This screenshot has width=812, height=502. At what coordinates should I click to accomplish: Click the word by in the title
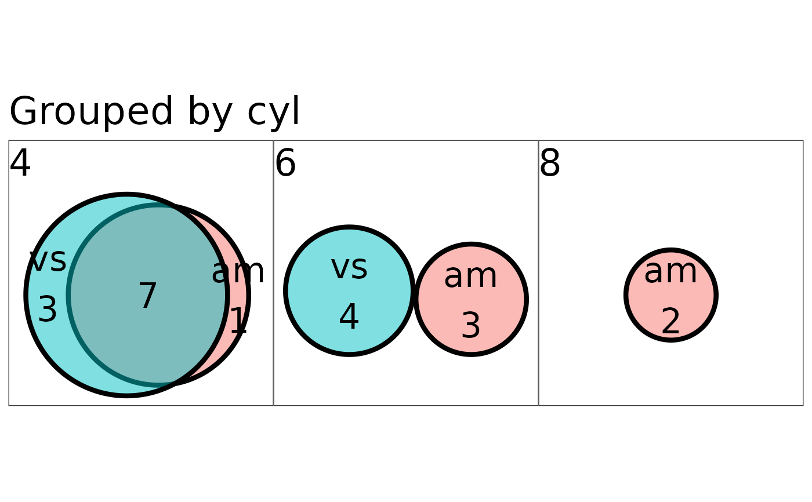pyautogui.click(x=210, y=112)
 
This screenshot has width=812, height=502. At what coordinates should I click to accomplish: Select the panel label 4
pyautogui.click(x=20, y=163)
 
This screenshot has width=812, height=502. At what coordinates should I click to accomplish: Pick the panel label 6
pyautogui.click(x=285, y=163)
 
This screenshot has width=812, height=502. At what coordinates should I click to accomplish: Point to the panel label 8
pyautogui.click(x=550, y=163)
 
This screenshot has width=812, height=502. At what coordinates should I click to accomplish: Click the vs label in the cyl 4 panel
pyautogui.click(x=48, y=260)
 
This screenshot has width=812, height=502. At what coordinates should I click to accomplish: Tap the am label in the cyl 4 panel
pyautogui.click(x=238, y=272)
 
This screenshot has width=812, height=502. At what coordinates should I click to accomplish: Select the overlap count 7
pyautogui.click(x=148, y=296)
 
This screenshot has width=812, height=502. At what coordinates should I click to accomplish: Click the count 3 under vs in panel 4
pyautogui.click(x=48, y=309)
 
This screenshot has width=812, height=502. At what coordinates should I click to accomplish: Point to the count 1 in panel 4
pyautogui.click(x=238, y=320)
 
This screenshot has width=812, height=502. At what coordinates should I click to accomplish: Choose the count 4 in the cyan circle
pyautogui.click(x=349, y=317)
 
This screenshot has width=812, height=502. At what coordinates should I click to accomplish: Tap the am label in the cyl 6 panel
pyautogui.click(x=470, y=277)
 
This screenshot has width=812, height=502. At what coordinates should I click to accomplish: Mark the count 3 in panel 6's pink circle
pyautogui.click(x=471, y=326)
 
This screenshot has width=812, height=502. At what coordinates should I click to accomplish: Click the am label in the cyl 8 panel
pyautogui.click(x=670, y=272)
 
